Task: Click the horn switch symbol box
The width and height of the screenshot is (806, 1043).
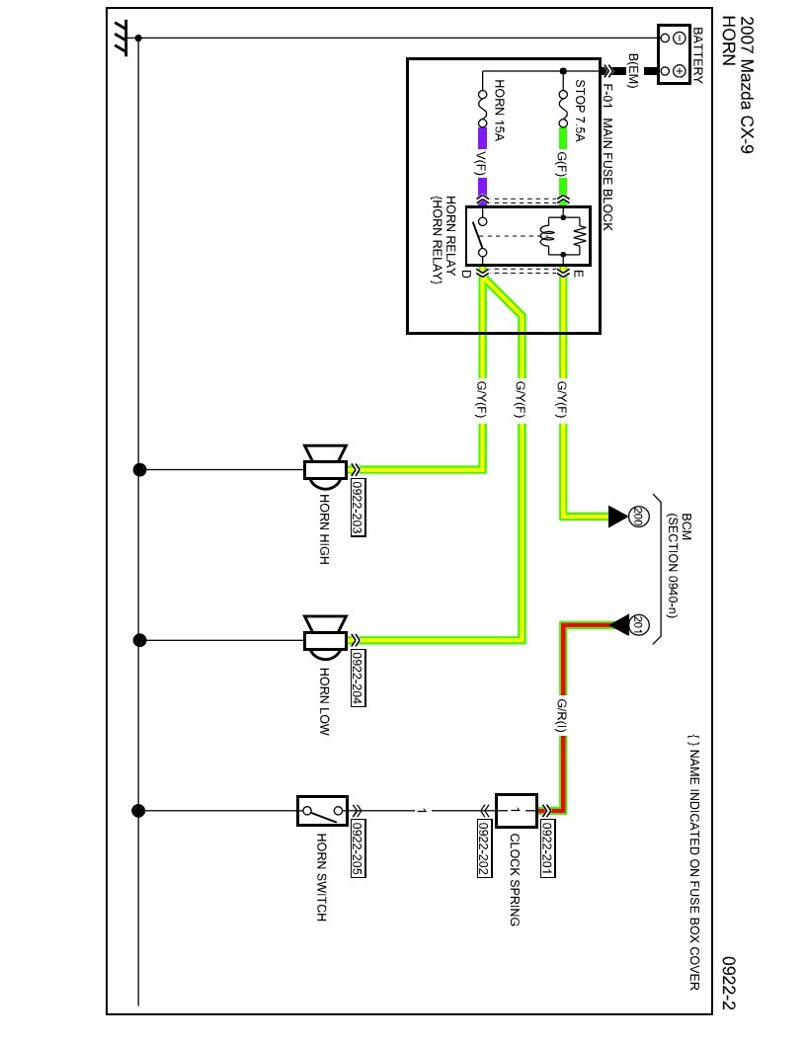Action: click(322, 811)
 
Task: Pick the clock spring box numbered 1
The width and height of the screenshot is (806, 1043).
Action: click(516, 811)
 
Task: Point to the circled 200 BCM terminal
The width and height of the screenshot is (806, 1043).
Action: click(637, 515)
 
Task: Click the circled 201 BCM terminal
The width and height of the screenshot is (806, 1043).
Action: click(637, 624)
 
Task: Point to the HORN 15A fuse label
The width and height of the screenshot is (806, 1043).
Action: click(499, 111)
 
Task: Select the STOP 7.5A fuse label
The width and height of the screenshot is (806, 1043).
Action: click(580, 111)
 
